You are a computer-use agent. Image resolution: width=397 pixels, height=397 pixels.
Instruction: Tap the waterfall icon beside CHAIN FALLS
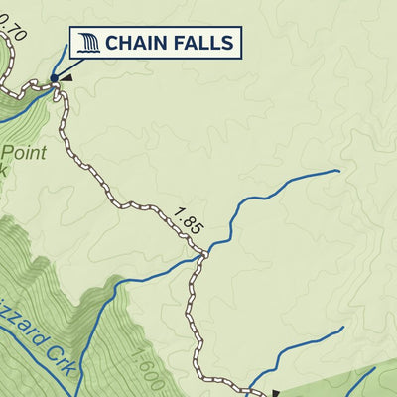[89, 43]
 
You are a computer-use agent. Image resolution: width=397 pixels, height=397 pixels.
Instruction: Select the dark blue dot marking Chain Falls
[54, 77]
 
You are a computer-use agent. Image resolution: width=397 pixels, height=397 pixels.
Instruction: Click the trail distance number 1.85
[188, 218]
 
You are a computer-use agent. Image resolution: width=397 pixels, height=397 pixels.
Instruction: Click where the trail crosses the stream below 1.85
[204, 256]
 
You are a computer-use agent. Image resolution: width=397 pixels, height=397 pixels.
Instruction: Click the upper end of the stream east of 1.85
[337, 170]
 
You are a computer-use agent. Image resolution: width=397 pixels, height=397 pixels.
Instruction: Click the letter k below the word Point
[3, 170]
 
